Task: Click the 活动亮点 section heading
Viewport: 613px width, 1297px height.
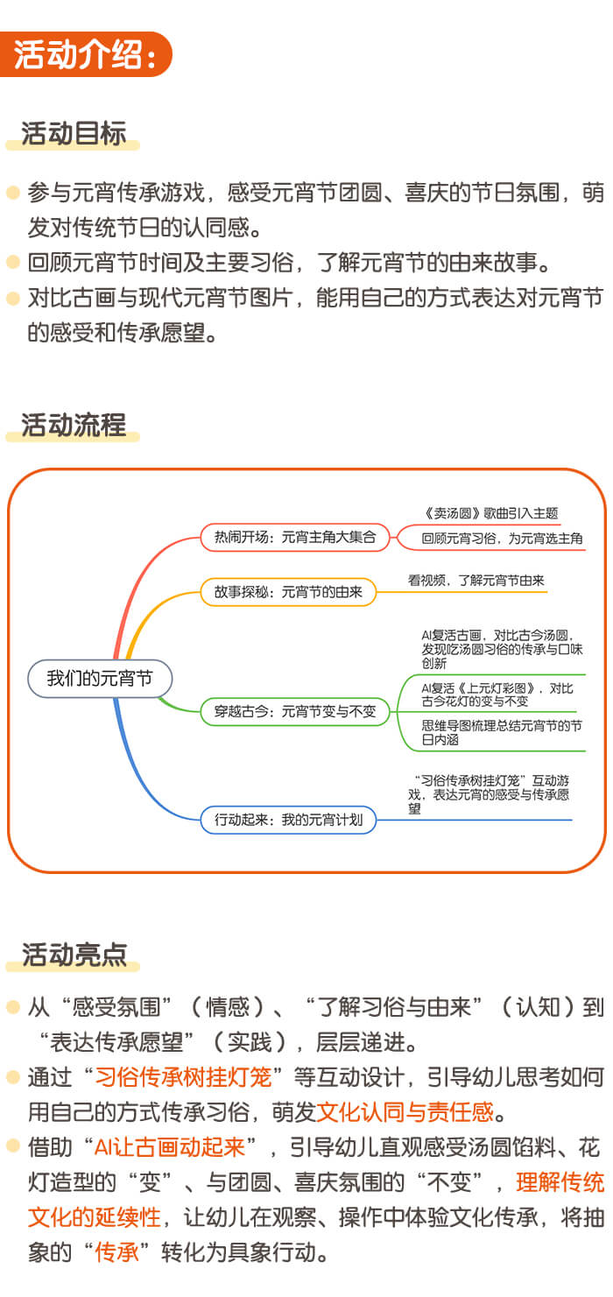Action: pyautogui.click(x=74, y=955)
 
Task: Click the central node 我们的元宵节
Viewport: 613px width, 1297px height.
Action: pyautogui.click(x=99, y=679)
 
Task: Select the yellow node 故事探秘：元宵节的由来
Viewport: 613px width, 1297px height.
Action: pyautogui.click(x=288, y=592)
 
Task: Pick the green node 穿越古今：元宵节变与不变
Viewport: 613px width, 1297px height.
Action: pyautogui.click(x=294, y=712)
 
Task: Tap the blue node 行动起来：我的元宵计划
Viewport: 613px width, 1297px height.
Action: pyautogui.click(x=288, y=820)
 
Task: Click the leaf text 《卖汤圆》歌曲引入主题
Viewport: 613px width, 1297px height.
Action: pyautogui.click(x=490, y=513)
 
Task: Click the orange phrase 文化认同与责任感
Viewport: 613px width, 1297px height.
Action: pyautogui.click(x=405, y=1112)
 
